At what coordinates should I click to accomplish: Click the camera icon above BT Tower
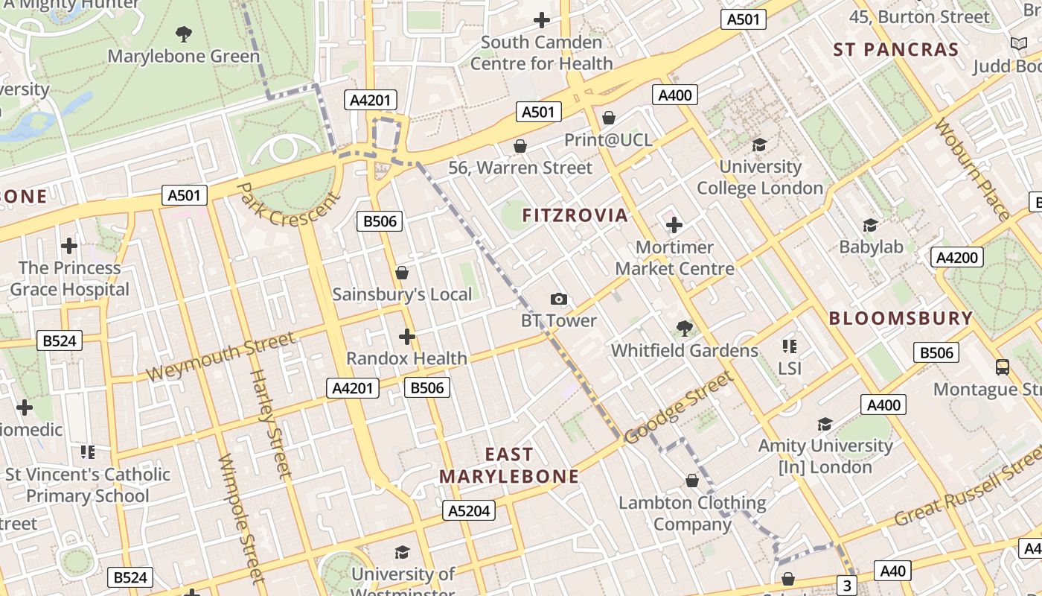pos(559,299)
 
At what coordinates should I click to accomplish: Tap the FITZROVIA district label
pos(575,216)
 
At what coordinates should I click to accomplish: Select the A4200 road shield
pos(956,258)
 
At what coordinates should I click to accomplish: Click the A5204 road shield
pos(469,510)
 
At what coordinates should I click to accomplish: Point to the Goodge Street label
pos(678,408)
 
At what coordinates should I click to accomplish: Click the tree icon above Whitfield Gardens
pos(685,328)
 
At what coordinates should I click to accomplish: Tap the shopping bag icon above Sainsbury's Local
pos(402,273)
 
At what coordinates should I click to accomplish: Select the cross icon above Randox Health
pos(406,337)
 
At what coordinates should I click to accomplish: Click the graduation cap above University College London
pos(759,145)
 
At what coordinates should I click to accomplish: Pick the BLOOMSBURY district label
pos(901,319)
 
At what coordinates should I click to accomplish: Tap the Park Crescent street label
pos(289,205)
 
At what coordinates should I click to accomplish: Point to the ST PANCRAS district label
pos(895,50)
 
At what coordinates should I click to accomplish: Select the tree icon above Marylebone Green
pos(184,34)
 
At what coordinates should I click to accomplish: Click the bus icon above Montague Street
pos(1002,367)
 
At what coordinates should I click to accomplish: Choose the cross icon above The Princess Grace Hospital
pos(69,245)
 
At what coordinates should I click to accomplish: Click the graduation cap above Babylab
pos(869,225)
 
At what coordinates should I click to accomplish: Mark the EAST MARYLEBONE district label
pos(509,466)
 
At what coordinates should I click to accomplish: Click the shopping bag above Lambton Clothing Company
pos(692,481)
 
